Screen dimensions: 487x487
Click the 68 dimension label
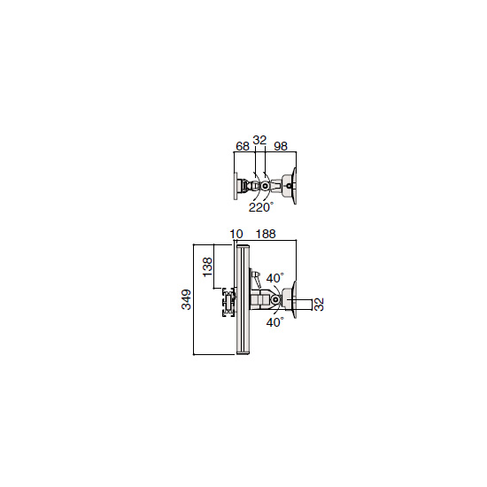pos(243,146)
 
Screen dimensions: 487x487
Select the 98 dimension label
pos(281,146)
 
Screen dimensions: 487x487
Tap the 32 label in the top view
pos(259,141)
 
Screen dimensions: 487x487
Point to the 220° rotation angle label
pos(261,207)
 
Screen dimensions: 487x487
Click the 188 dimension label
pos(266,234)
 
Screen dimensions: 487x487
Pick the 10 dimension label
pos(236,234)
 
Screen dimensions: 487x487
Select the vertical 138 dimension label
pos(207,267)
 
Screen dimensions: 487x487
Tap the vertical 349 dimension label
pos(186,299)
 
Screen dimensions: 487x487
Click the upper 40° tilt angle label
pos(274,278)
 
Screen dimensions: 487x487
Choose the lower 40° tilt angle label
pos(274,322)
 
